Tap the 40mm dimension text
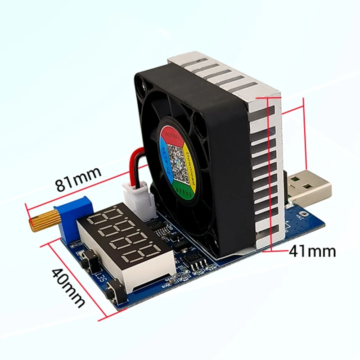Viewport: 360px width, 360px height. click(x=67, y=288)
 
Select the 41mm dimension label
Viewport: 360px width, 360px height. click(x=312, y=251)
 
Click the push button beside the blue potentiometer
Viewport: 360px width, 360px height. click(x=92, y=258)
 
